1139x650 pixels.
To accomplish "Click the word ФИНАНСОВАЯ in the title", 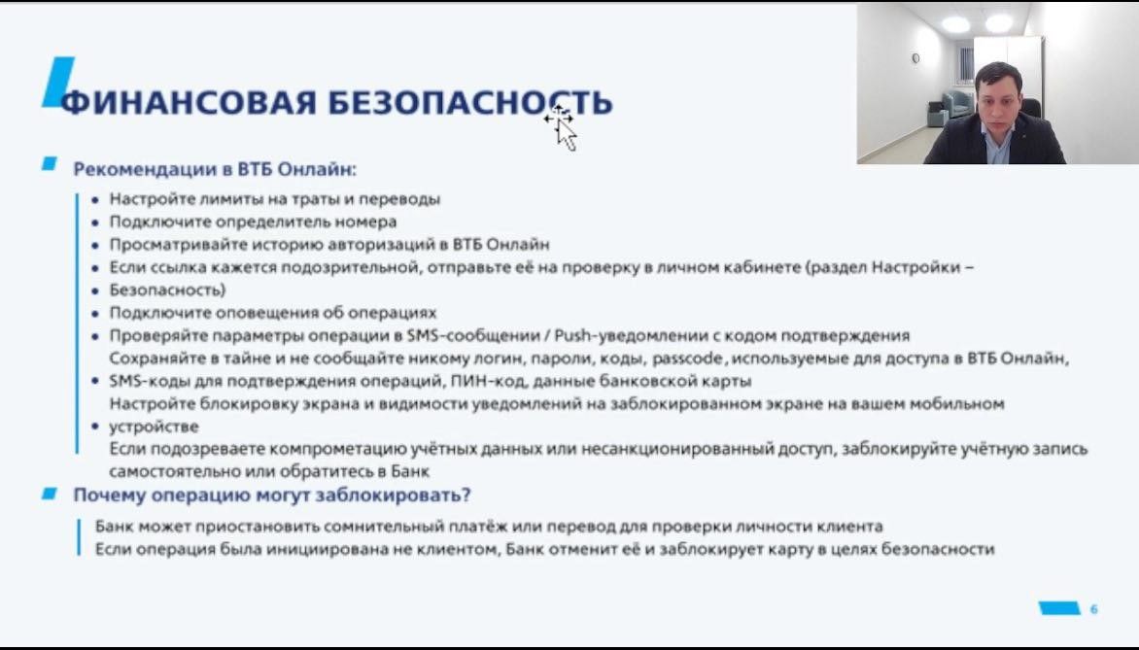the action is [189, 102].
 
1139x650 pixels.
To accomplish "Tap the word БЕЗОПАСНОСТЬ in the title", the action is [470, 102].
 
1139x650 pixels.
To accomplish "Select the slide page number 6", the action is [1094, 608].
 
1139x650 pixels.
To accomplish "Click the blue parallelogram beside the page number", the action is [1060, 608].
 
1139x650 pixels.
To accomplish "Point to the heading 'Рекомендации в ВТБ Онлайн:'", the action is [215, 169].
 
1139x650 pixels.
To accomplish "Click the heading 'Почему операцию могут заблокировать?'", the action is [272, 496].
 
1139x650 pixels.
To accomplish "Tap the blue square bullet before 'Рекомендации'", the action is [50, 163].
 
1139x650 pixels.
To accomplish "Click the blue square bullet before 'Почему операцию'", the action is [50, 494].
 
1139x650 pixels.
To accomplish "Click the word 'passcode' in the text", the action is [687, 359].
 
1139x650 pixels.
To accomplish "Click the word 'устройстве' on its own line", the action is [154, 427].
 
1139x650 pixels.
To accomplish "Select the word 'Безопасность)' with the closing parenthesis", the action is [168, 290].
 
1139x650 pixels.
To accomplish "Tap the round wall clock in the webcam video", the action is [915, 58].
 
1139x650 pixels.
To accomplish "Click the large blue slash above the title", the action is [58, 82].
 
